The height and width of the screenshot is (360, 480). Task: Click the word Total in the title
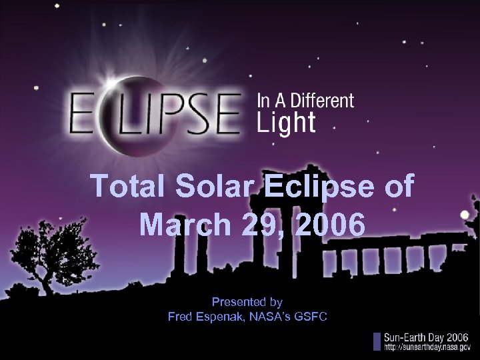(x=126, y=187)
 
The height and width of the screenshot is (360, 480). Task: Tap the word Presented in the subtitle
(x=233, y=302)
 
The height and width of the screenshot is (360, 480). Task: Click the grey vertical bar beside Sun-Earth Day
(x=377, y=341)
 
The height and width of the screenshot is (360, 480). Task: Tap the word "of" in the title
(x=399, y=187)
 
